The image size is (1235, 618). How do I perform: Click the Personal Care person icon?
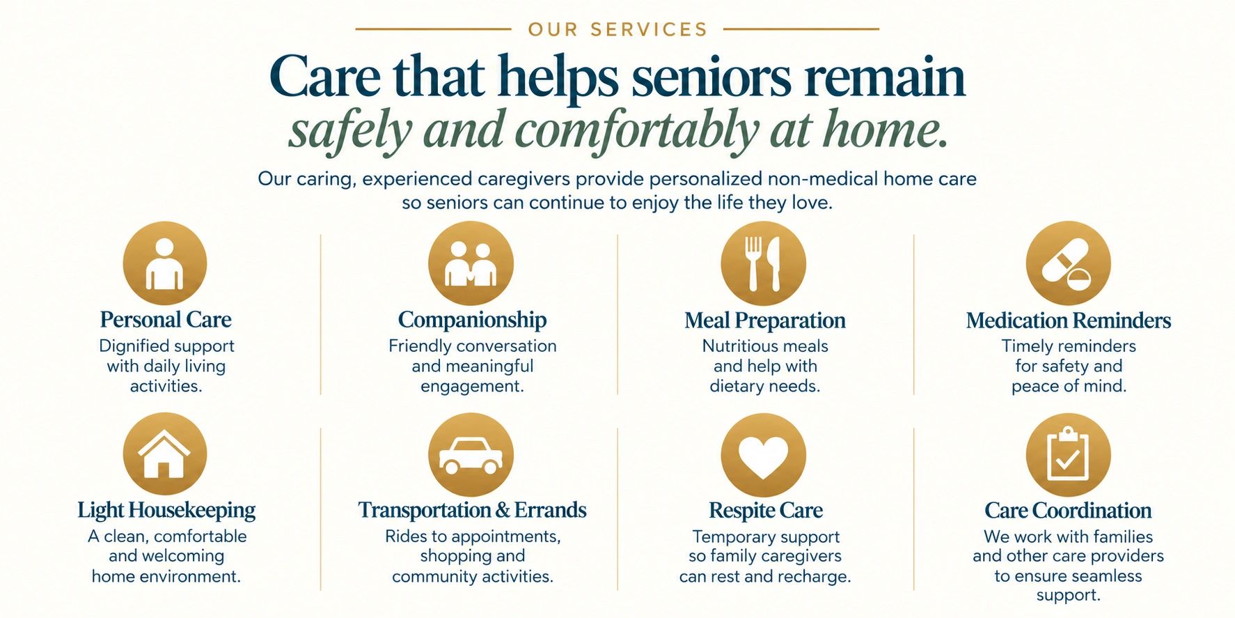point(164,263)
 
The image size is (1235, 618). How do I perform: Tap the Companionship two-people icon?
point(471,263)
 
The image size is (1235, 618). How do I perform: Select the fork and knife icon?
point(763,263)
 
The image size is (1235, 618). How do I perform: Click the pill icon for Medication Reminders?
point(1068,263)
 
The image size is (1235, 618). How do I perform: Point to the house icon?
point(164,454)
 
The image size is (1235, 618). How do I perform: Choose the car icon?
point(471,454)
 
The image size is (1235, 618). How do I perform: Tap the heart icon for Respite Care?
point(763,455)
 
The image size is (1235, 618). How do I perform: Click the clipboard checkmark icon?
point(1068,455)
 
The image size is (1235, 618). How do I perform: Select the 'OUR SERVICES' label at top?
point(617,29)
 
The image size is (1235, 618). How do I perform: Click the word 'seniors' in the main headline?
point(711,77)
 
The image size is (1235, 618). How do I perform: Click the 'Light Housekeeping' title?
point(166,510)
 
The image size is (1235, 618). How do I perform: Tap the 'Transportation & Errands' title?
point(472,510)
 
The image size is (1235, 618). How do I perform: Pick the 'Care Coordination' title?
point(1068,511)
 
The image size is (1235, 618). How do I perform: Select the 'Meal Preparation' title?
point(764,320)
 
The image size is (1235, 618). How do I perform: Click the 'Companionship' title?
point(472,320)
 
